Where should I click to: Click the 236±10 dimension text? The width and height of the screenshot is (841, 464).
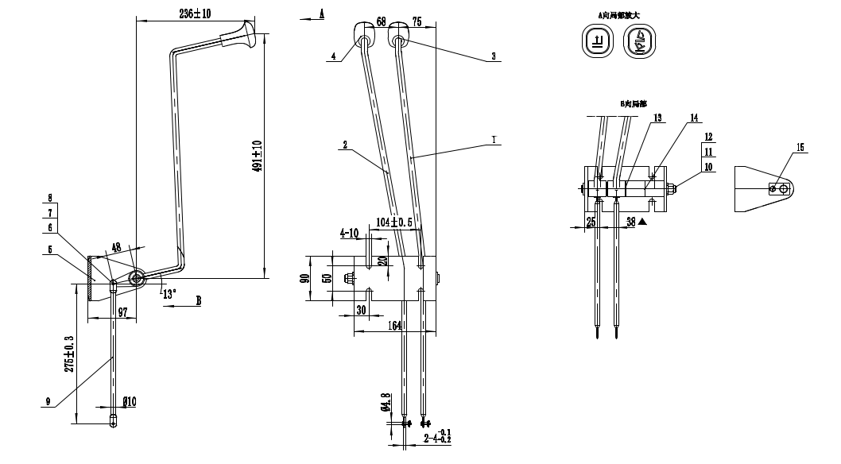pyautogui.click(x=200, y=14)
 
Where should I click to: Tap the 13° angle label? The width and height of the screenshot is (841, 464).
pyautogui.click(x=169, y=293)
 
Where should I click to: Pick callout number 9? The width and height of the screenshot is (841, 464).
pyautogui.click(x=49, y=402)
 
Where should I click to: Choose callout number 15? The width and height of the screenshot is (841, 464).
pyautogui.click(x=800, y=146)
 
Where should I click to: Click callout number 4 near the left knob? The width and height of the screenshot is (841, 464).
pyautogui.click(x=334, y=56)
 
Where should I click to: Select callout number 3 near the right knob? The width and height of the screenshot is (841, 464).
pyautogui.click(x=494, y=56)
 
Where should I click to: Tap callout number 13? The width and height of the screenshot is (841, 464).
pyautogui.click(x=657, y=118)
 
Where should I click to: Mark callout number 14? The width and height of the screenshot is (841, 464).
pyautogui.click(x=694, y=118)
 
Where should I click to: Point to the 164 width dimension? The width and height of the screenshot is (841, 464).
pyautogui.click(x=395, y=325)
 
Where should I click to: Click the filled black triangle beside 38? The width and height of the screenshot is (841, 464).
pyautogui.click(x=643, y=223)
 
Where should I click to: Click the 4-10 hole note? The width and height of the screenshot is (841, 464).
pyautogui.click(x=350, y=233)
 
